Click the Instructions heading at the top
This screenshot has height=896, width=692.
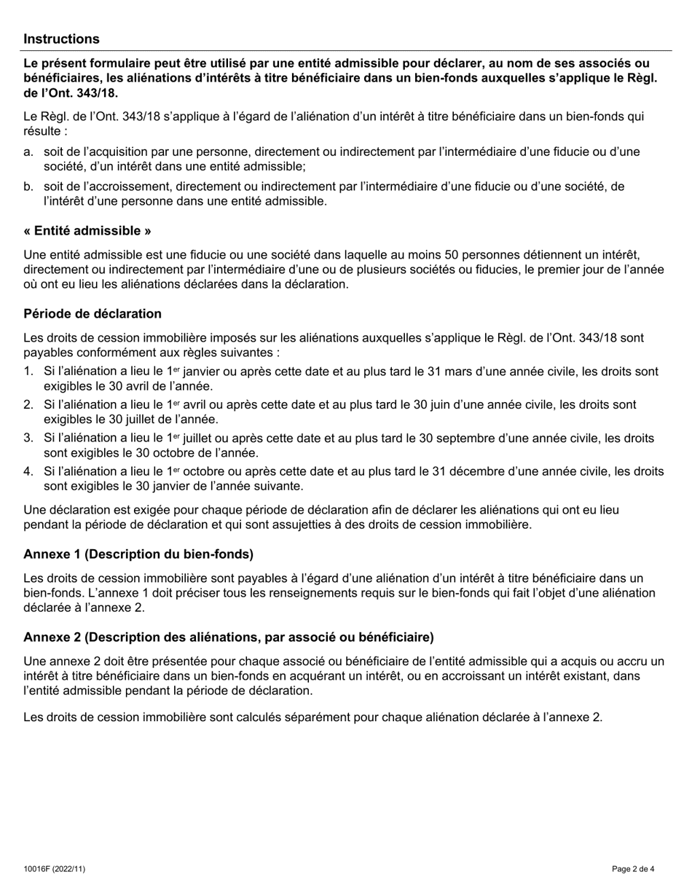pyautogui.click(x=61, y=39)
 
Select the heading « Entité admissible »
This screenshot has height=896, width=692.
pyautogui.click(x=87, y=231)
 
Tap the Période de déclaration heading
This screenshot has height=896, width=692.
pyautogui.click(x=93, y=314)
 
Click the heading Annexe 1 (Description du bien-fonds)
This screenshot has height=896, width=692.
pyautogui.click(x=138, y=554)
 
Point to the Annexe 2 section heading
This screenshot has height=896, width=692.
pyautogui.click(x=228, y=637)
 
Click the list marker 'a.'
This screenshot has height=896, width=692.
pyautogui.click(x=28, y=152)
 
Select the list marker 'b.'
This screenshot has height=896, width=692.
pyautogui.click(x=28, y=186)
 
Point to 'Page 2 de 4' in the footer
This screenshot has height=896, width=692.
pyautogui.click(x=633, y=868)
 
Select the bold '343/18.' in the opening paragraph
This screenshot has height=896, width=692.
pyautogui.click(x=93, y=93)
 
